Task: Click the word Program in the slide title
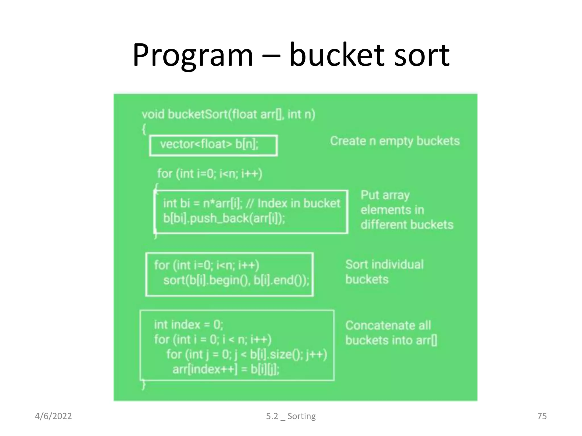pyautogui.click(x=193, y=55)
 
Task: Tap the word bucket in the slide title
pyautogui.click(x=337, y=55)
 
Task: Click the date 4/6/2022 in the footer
pyautogui.click(x=53, y=416)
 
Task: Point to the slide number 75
pyautogui.click(x=542, y=416)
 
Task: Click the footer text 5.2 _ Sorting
pyautogui.click(x=291, y=416)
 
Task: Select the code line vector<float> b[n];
pyautogui.click(x=209, y=144)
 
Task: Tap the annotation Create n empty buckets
pyautogui.click(x=394, y=141)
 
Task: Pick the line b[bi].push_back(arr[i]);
pyautogui.click(x=224, y=218)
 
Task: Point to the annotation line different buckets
pyautogui.click(x=407, y=225)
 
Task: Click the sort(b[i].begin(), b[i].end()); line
pyautogui.click(x=236, y=280)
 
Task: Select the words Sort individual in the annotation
pyautogui.click(x=384, y=265)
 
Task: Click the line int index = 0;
pyautogui.click(x=188, y=324)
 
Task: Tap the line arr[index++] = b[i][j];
pyautogui.click(x=226, y=369)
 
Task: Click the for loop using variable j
pyautogui.click(x=246, y=354)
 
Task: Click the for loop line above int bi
pyautogui.click(x=210, y=173)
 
